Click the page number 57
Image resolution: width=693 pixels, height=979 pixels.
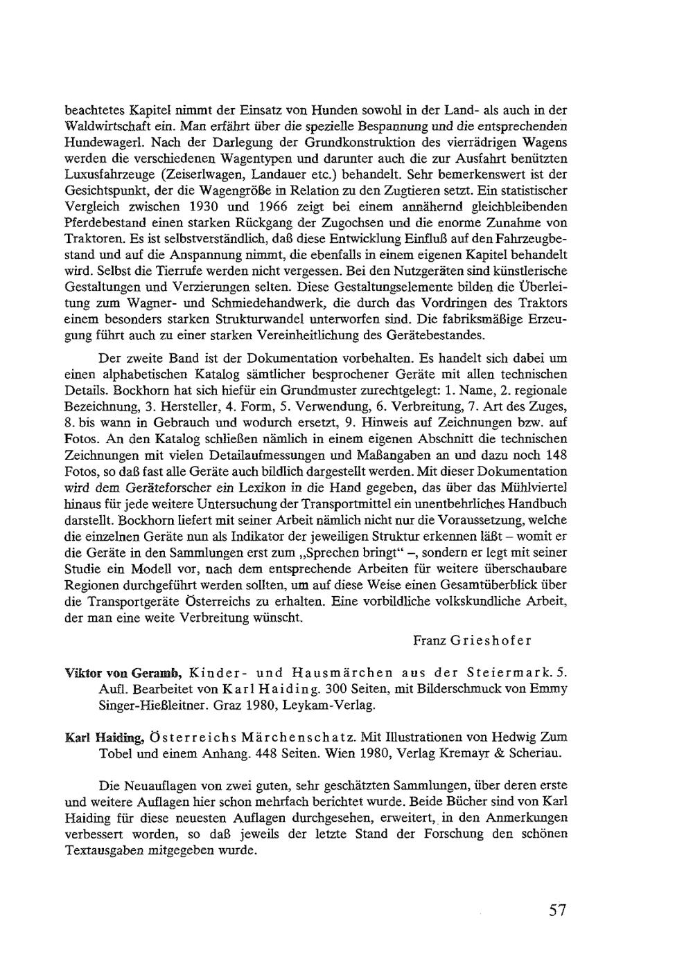click(x=558, y=910)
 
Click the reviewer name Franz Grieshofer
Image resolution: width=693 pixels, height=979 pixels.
click(x=472, y=640)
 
